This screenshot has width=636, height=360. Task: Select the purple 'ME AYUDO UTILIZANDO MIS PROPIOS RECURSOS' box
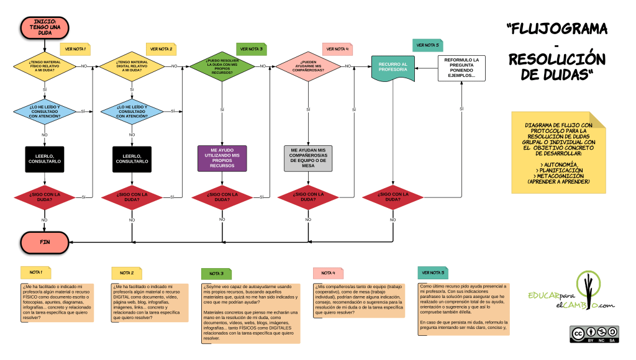222,158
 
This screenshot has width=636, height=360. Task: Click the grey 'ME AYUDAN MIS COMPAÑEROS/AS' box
309,158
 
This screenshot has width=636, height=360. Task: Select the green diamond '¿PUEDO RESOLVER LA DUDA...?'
222,66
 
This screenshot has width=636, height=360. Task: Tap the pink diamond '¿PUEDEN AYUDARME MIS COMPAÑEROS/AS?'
309,66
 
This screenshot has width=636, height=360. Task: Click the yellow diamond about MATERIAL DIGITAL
131,66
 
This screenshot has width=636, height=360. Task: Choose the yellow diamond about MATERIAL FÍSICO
45,66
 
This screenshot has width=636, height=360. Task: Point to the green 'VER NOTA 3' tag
252,48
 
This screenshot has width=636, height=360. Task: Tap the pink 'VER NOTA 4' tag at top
337,48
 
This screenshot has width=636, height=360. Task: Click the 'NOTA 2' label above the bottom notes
127,273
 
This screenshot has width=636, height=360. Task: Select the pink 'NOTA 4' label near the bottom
329,273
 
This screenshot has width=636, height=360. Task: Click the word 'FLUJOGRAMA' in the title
556,29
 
